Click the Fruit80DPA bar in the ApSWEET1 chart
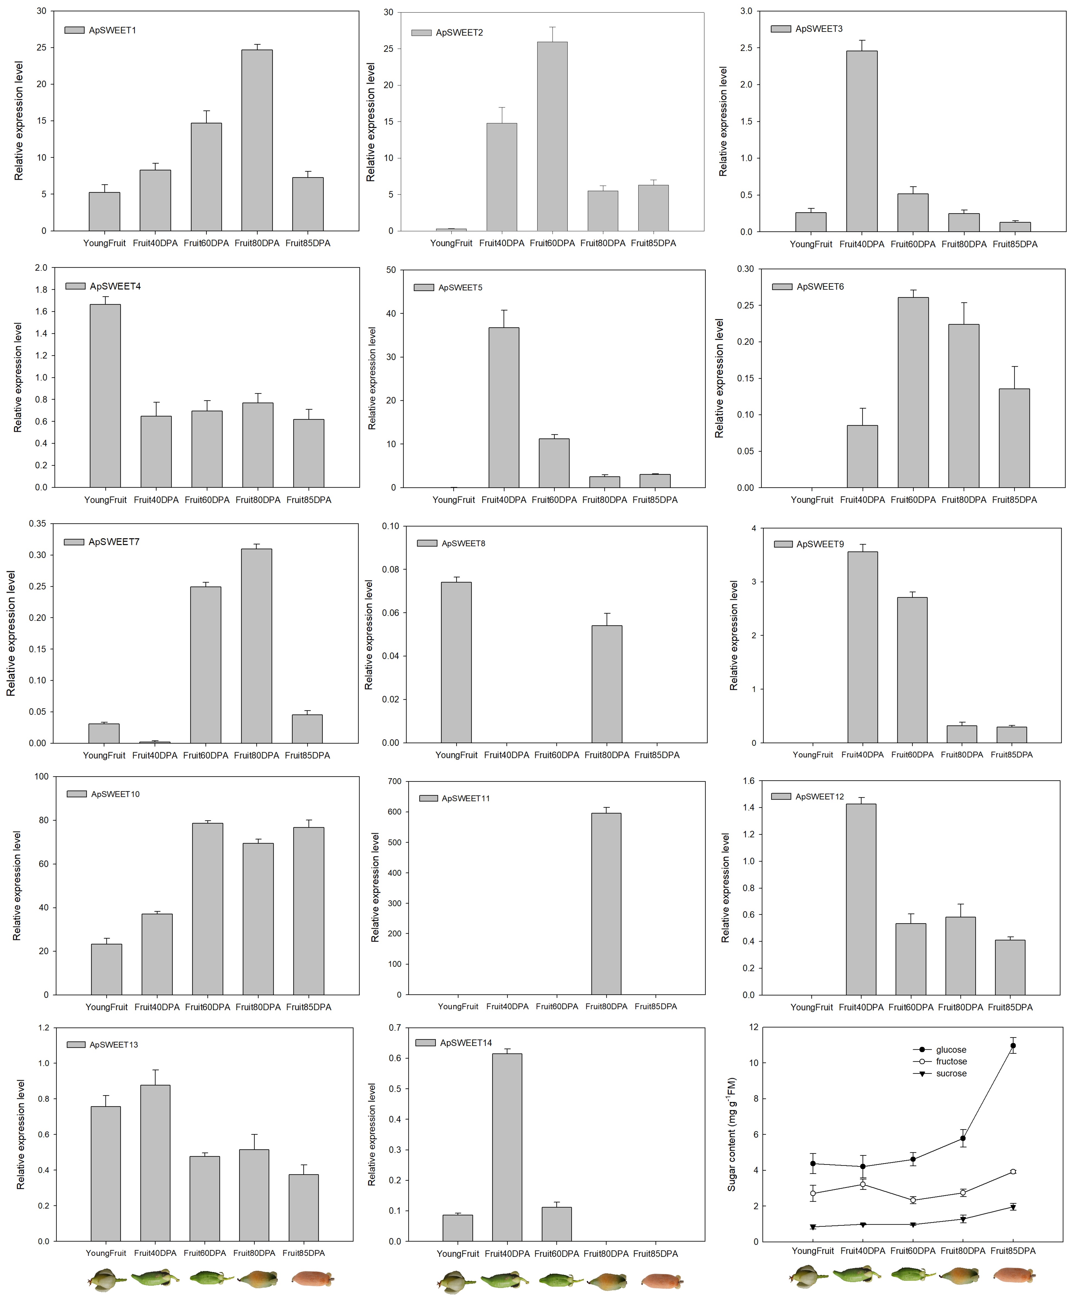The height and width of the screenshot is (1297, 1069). point(257,140)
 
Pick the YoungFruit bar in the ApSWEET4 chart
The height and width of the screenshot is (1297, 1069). point(105,396)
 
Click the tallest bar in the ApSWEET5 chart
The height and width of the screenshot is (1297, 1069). point(504,407)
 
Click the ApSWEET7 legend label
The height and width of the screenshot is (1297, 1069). point(114,542)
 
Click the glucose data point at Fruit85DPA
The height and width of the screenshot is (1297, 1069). point(1013,1046)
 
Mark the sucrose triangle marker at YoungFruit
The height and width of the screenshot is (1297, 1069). point(813,1227)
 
